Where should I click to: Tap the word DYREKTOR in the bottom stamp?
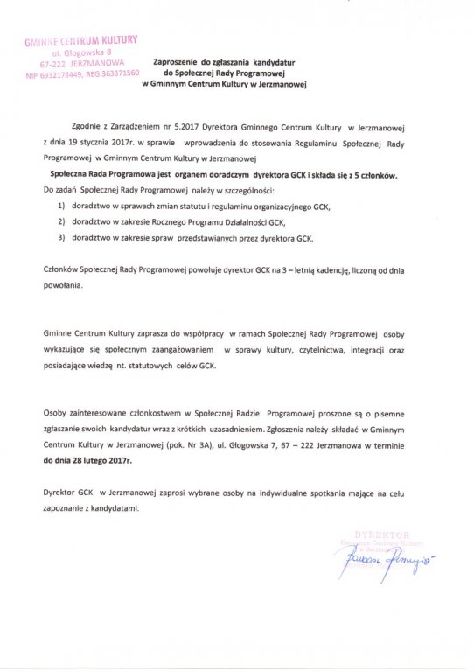pyautogui.click(x=371, y=533)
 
